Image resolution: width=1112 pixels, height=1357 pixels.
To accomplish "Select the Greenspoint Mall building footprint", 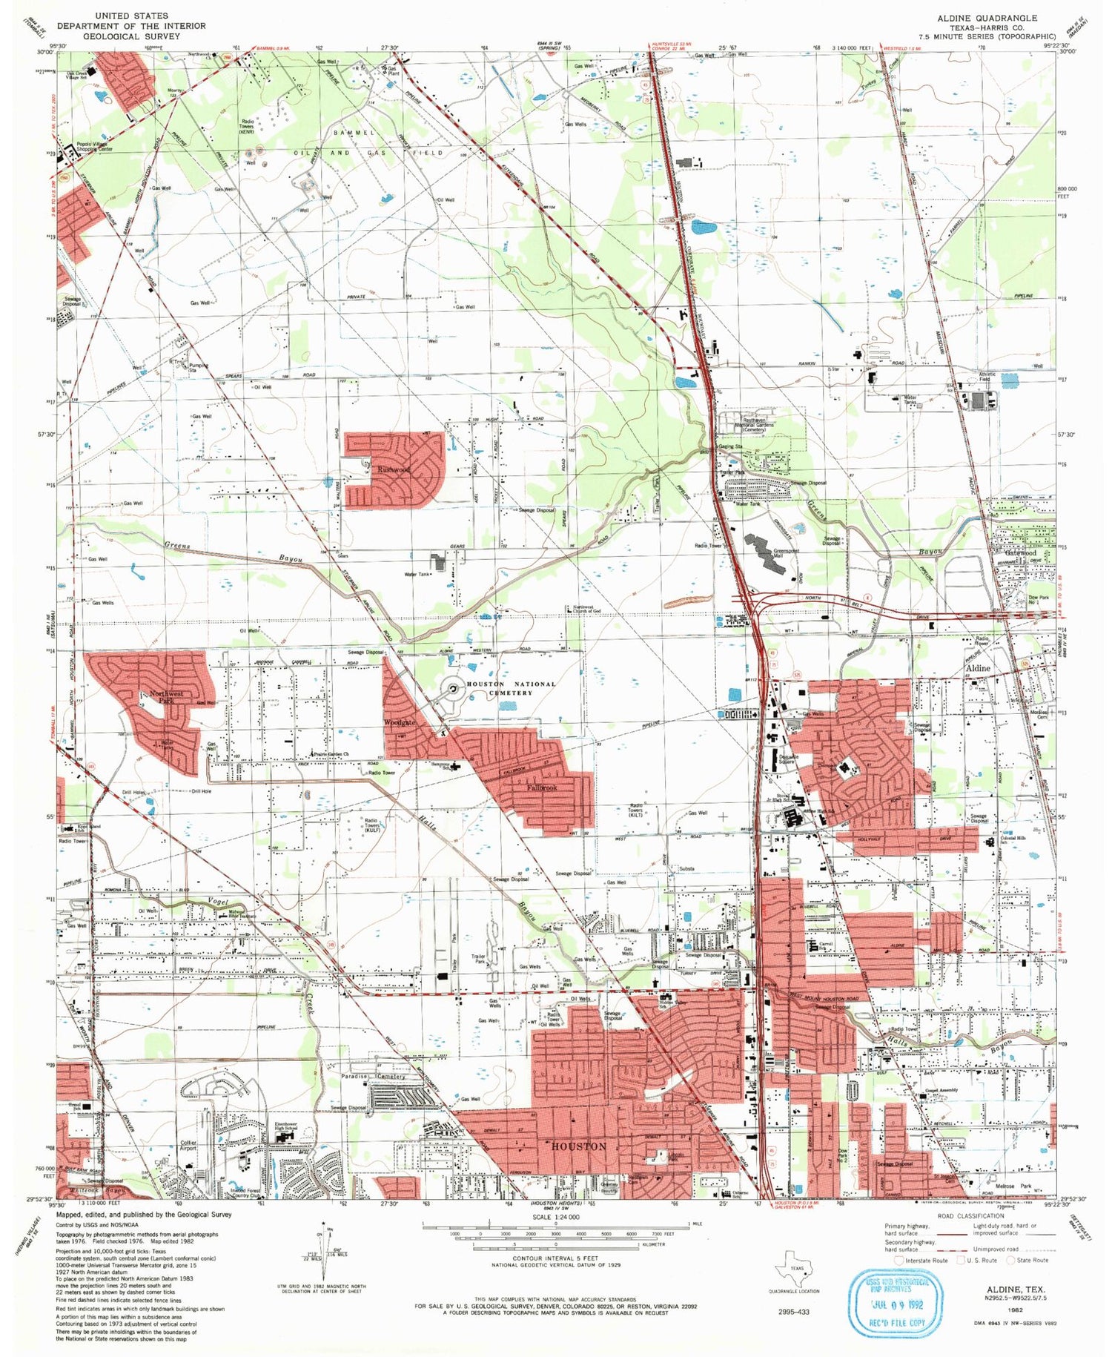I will (x=767, y=552).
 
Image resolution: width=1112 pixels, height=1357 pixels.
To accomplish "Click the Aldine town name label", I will (x=977, y=668).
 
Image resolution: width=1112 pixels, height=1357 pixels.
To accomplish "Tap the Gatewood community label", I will (x=1020, y=553).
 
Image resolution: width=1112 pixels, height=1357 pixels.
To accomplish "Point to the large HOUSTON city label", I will (x=579, y=1146).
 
